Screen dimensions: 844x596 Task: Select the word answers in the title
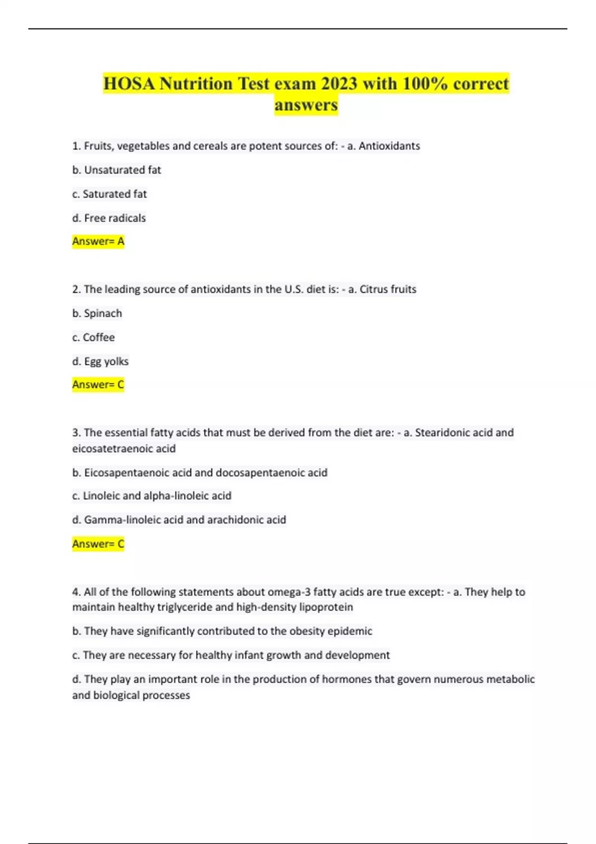[306, 105]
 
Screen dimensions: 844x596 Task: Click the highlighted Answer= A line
[98, 241]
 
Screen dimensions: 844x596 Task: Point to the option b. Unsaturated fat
[117, 170]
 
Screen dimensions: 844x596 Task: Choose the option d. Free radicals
[109, 218]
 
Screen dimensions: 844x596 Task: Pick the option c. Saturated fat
[109, 194]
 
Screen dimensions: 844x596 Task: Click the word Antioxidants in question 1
[389, 146]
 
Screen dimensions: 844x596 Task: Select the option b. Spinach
[97, 313]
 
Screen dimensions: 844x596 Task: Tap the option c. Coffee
[93, 337]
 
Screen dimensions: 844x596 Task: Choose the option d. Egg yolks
[100, 361]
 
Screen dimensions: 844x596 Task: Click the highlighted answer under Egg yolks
[98, 385]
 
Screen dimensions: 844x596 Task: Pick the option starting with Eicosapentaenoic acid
[200, 473]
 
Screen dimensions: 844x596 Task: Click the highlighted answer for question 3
[98, 544]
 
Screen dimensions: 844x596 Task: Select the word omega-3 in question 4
[289, 592]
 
